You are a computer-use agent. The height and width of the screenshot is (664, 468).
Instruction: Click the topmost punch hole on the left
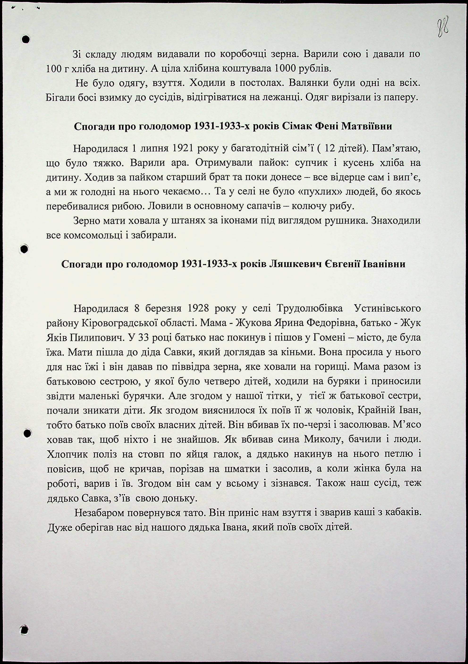click(x=26, y=39)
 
